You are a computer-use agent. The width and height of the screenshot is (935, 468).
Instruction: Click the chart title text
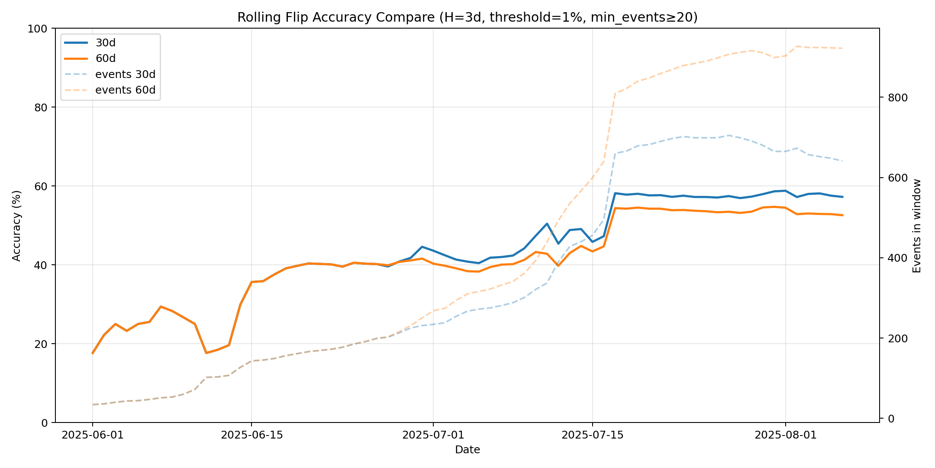tap(467, 17)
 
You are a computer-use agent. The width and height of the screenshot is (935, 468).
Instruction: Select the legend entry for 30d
tap(106, 43)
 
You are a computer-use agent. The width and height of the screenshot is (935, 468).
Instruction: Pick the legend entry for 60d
tap(106, 58)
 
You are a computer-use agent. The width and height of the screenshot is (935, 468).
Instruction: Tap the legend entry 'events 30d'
tap(125, 75)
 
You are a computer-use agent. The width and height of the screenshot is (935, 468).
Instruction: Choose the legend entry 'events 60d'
tap(125, 90)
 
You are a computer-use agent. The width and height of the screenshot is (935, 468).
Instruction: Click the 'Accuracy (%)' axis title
tap(16, 225)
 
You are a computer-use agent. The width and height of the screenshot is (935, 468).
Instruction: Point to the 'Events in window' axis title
tap(917, 225)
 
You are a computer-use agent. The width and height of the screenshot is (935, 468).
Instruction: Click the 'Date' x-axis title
tap(467, 450)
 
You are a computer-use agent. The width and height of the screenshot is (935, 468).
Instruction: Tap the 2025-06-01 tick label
tap(93, 435)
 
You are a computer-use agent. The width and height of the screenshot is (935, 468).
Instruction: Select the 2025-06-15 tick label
tap(252, 435)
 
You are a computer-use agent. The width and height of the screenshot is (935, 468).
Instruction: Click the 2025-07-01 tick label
tap(433, 435)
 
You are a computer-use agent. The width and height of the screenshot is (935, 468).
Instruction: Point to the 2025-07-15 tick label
tap(593, 435)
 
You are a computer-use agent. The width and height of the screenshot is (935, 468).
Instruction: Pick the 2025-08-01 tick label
tap(786, 435)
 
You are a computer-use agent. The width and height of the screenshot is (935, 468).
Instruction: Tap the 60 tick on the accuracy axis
tap(42, 186)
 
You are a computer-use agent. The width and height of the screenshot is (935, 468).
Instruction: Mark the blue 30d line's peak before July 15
tap(547, 224)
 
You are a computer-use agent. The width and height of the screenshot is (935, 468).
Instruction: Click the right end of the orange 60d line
tap(842, 215)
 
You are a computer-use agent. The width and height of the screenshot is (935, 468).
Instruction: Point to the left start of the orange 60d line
tap(93, 353)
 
